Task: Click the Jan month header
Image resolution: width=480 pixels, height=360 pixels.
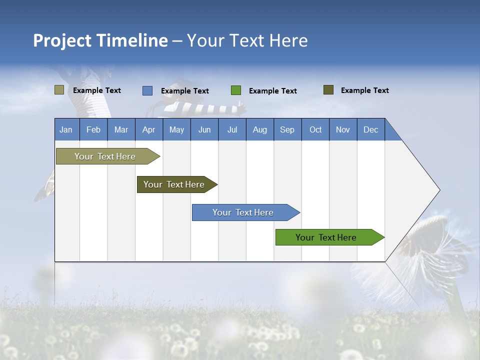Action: tap(66, 129)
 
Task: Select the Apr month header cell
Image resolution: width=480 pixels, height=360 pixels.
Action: tap(148, 129)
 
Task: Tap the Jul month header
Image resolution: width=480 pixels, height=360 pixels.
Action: tap(232, 129)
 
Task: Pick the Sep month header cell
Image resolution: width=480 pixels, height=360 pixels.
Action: tap(287, 129)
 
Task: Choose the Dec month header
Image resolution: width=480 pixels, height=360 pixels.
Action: tap(370, 129)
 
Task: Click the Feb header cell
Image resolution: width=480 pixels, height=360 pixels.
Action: tap(93, 129)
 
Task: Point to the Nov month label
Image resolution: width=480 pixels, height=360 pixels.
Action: tap(342, 129)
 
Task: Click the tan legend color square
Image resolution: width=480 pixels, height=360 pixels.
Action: tap(59, 90)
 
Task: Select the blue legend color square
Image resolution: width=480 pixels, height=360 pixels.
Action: tap(147, 90)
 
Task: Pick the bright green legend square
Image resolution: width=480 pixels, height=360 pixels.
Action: tap(236, 90)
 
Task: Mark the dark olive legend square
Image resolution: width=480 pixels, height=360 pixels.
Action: tap(328, 90)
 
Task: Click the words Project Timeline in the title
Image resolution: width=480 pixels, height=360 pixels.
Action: tap(100, 40)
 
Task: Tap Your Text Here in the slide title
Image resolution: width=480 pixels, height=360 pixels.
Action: tap(247, 40)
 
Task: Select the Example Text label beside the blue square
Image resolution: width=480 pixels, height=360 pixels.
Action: tap(185, 91)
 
